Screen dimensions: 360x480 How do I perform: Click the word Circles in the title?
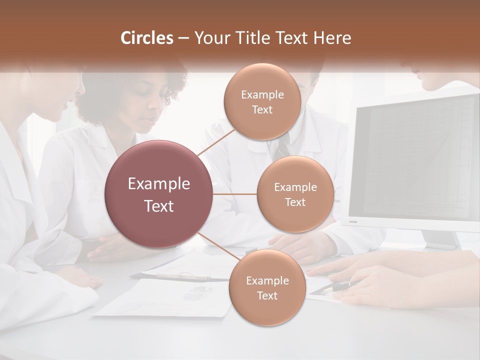pyautogui.click(x=147, y=38)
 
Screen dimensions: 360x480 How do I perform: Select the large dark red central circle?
pyautogui.click(x=158, y=194)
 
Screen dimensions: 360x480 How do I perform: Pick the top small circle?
pyautogui.click(x=262, y=101)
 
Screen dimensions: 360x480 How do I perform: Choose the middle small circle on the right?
pyautogui.click(x=295, y=194)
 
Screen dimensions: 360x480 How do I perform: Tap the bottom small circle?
pyautogui.click(x=267, y=288)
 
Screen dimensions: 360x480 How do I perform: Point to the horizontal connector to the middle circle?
pyautogui.click(x=234, y=194)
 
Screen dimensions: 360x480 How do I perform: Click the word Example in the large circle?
pyautogui.click(x=158, y=184)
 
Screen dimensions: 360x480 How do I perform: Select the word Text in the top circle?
pyautogui.click(x=262, y=110)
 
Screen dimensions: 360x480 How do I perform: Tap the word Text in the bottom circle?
pyautogui.click(x=267, y=296)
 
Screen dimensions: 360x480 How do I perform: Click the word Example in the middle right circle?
pyautogui.click(x=295, y=187)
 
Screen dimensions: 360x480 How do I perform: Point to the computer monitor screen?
pyautogui.click(x=415, y=160)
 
